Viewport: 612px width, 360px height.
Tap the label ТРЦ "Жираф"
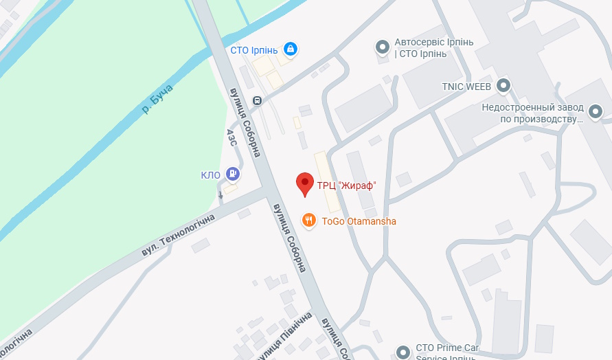pos(346,185)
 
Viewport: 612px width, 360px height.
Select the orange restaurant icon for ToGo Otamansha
pos(309,221)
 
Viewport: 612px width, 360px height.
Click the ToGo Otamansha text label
pos(359,221)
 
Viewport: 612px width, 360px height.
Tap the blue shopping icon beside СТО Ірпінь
pos(291,49)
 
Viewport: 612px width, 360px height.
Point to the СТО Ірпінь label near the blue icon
pos(253,49)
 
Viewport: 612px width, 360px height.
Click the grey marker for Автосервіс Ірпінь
pos(382,47)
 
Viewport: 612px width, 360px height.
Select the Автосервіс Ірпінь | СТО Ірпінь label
pos(434,47)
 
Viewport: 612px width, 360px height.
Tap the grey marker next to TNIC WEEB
pos(504,86)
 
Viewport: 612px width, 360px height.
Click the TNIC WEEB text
pos(466,87)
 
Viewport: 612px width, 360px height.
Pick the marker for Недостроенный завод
pos(595,110)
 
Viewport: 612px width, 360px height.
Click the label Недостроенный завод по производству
pos(532,113)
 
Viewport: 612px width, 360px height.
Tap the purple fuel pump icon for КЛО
pos(233,175)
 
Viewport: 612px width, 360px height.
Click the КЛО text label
pos(210,175)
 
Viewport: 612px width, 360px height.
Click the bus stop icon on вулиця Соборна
pos(257,100)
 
